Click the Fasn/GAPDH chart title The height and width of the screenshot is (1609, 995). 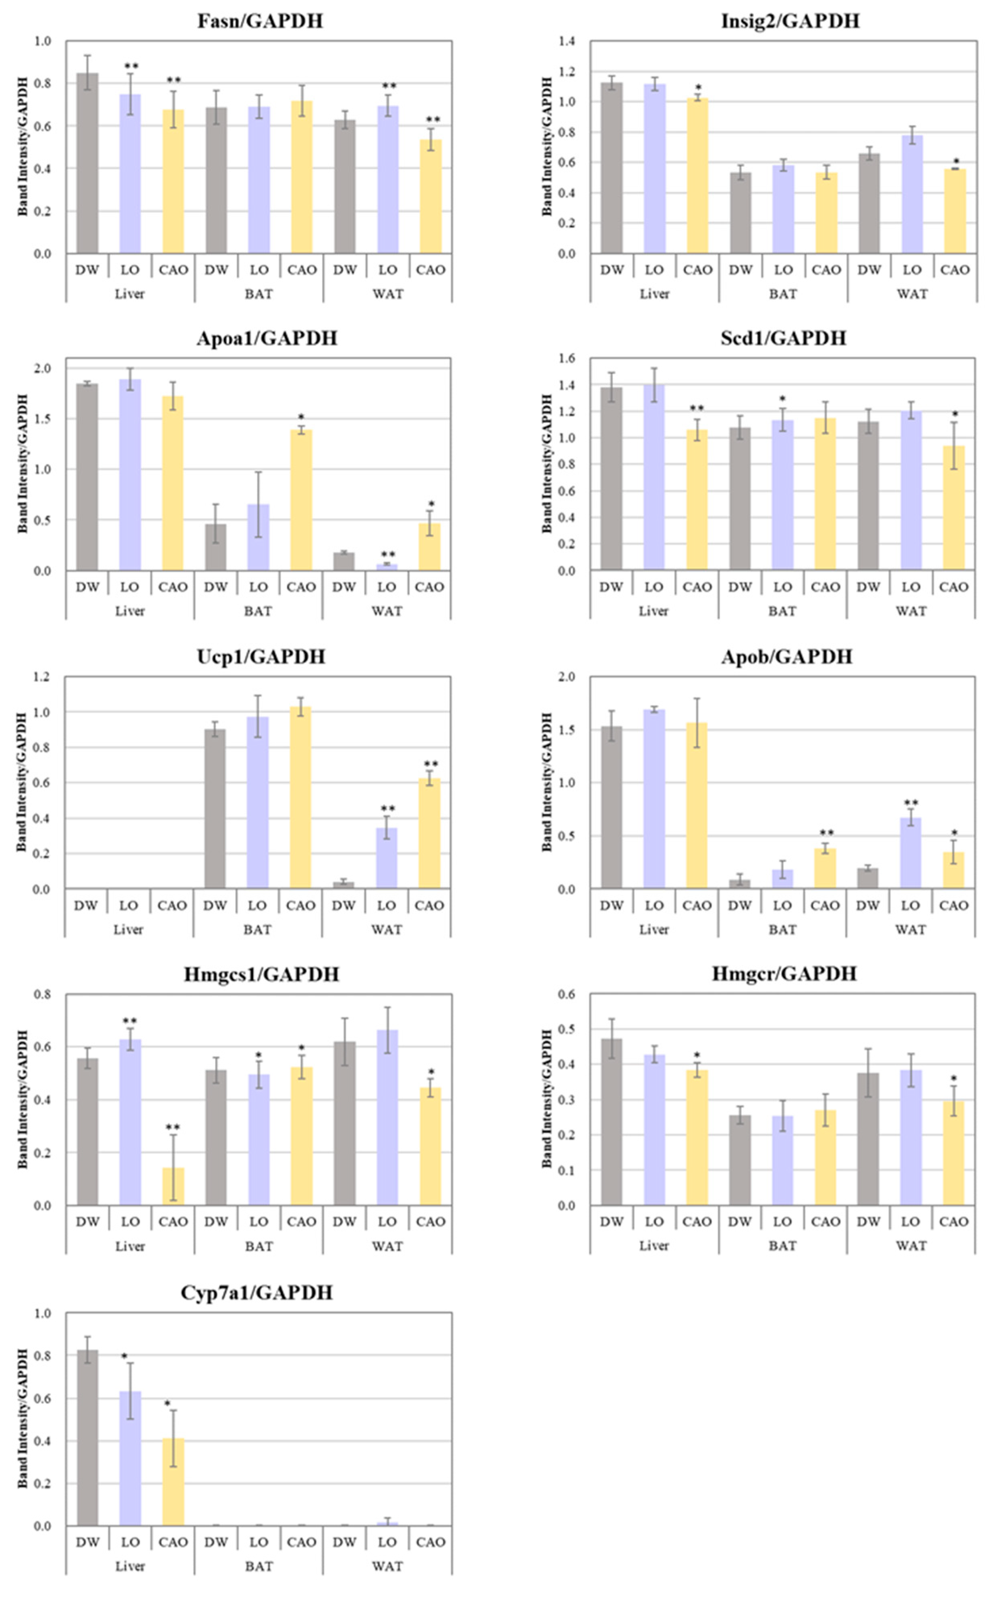[x=260, y=21]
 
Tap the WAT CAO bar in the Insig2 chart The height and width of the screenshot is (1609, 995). [x=954, y=211]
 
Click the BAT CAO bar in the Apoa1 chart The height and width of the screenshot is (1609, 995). [x=301, y=500]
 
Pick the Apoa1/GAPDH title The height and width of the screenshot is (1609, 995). [x=267, y=338]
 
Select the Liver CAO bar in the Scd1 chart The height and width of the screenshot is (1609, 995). [x=697, y=500]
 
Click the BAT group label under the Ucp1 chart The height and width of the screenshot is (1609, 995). [x=257, y=930]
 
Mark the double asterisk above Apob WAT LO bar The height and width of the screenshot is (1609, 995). [x=911, y=803]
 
